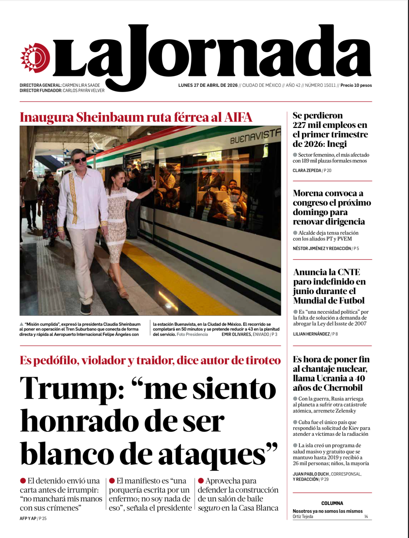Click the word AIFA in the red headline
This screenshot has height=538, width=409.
pyautogui.click(x=238, y=117)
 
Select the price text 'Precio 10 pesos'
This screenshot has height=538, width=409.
pyautogui.click(x=356, y=86)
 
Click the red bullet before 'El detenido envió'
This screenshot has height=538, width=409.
pyautogui.click(x=23, y=481)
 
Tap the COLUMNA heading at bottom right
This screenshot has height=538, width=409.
pyautogui.click(x=332, y=503)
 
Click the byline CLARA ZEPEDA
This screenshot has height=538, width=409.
pyautogui.click(x=307, y=170)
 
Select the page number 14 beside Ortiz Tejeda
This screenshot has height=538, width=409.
pyautogui.click(x=366, y=517)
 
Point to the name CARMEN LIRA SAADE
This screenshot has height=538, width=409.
pyautogui.click(x=81, y=86)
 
